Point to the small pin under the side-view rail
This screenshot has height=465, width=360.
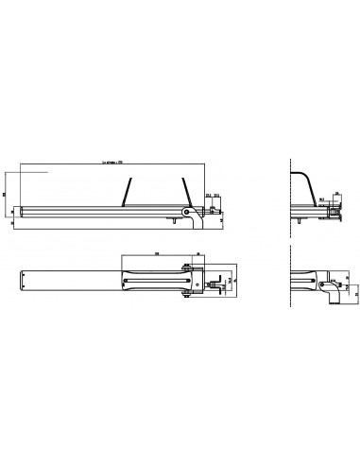pyautogui.click(x=175, y=223)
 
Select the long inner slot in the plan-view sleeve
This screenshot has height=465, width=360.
pyautogui.click(x=156, y=280)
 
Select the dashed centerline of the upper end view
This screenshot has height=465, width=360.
pyautogui.click(x=289, y=189)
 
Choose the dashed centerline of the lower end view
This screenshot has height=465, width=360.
pyautogui.click(x=289, y=284)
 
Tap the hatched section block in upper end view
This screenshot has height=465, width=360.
pyautogui.click(x=334, y=213)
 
